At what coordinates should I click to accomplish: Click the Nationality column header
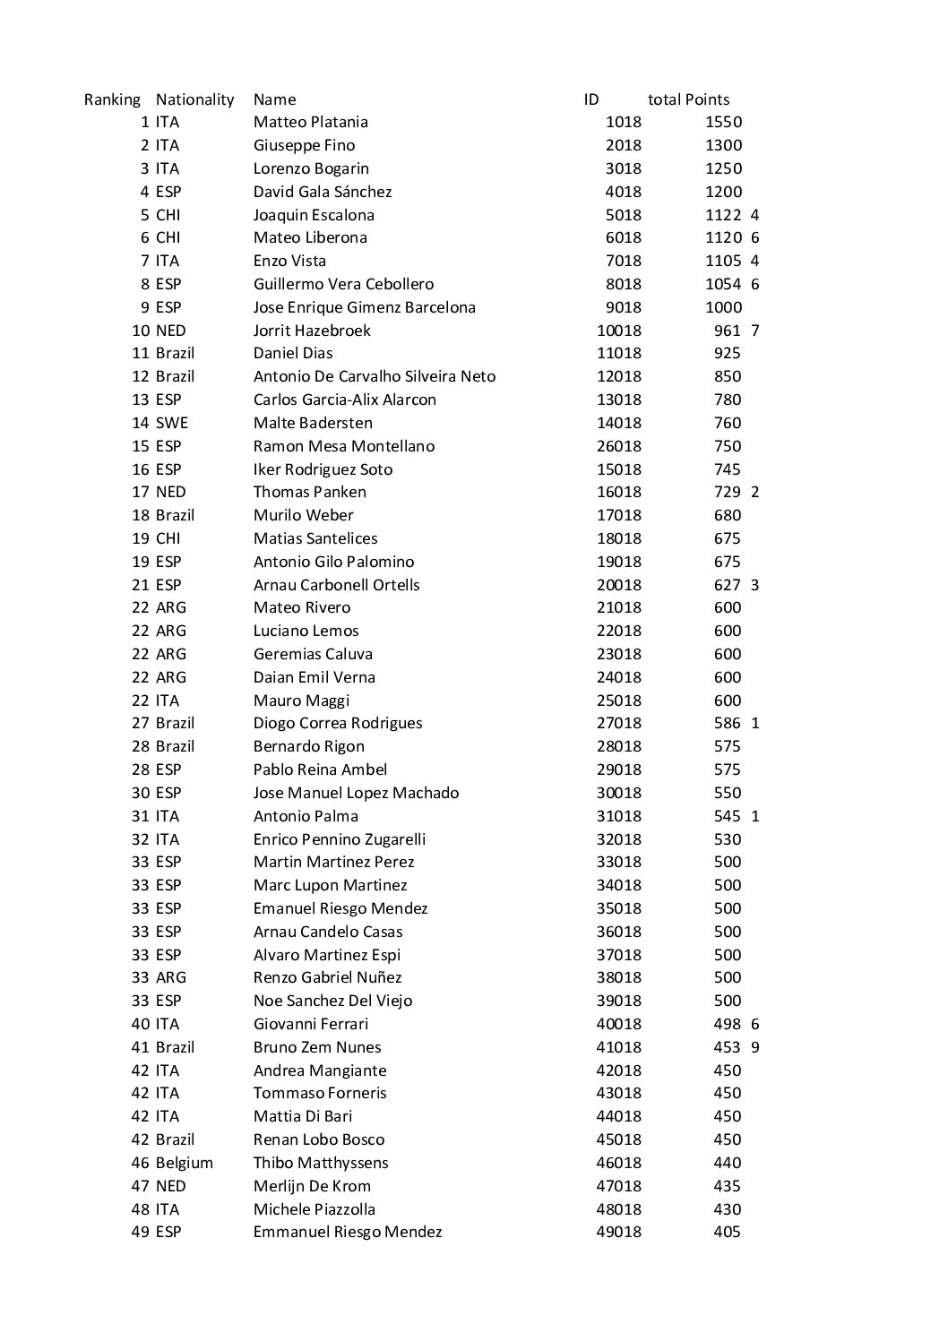(x=194, y=99)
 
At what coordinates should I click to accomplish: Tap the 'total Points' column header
(x=688, y=99)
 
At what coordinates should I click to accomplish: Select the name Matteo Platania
(x=310, y=122)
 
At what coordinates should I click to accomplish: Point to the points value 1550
(x=723, y=122)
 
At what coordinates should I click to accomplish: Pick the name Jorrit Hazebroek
(x=311, y=331)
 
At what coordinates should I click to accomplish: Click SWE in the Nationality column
(x=172, y=423)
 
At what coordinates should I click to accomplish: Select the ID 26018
(x=619, y=446)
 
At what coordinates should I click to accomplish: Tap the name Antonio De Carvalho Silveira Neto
(x=374, y=376)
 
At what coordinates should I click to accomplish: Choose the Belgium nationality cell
(x=185, y=1163)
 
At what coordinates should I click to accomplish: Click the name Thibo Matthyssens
(x=320, y=1163)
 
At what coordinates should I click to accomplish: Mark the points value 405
(x=728, y=1232)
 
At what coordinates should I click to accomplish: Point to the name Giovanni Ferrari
(x=310, y=1024)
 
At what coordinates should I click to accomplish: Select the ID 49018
(x=619, y=1232)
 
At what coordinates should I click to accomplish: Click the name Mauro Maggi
(x=301, y=701)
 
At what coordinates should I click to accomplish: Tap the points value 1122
(x=723, y=215)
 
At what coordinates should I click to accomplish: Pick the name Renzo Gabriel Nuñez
(x=327, y=977)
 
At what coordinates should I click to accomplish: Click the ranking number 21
(x=141, y=585)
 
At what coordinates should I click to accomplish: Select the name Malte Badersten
(x=313, y=423)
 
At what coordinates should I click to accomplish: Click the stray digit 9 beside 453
(x=755, y=1047)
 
